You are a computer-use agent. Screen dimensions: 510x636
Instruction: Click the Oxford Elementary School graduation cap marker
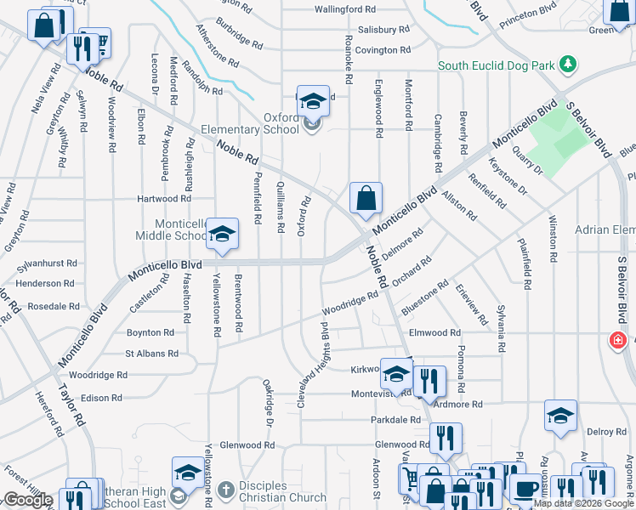313,102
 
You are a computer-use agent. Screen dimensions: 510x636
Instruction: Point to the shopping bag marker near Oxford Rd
366,200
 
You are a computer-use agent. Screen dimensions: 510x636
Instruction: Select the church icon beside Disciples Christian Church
225,490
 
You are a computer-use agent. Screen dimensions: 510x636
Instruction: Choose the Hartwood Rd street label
164,199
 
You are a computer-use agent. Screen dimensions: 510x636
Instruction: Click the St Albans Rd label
152,353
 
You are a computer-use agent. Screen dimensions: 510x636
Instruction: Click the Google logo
27,501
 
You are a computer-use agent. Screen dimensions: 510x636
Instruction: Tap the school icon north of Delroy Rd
560,416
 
